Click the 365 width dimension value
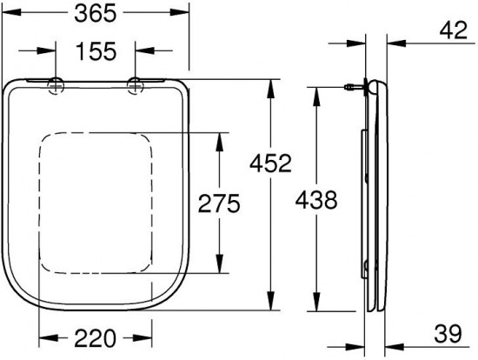point(96,13)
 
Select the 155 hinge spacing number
point(96,51)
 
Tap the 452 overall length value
point(270,163)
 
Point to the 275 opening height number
point(219,203)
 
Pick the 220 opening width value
point(96,338)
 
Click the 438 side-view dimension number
point(316,200)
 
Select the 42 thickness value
point(454,30)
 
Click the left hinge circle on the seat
point(56,86)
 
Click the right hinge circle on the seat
point(135,86)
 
